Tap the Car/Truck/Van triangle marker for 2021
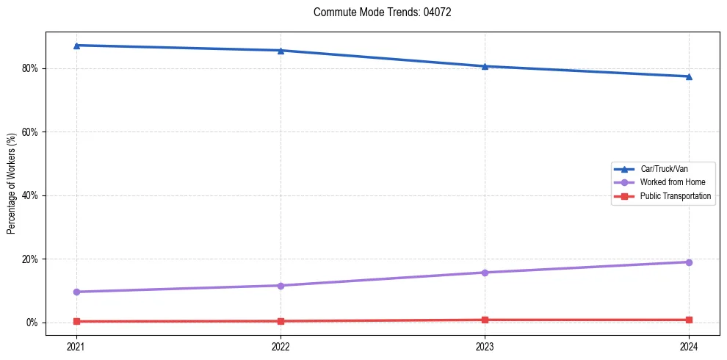coord(76,46)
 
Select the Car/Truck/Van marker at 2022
coord(281,51)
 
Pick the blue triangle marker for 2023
coord(485,66)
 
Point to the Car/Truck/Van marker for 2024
coord(689,76)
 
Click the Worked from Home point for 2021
coord(76,292)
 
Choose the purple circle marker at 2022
coord(281,286)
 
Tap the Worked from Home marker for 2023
coord(485,273)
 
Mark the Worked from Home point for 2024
coord(689,262)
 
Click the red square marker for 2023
coord(485,320)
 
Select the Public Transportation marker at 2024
coord(689,320)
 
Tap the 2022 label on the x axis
coord(281,345)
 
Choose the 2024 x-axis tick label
coord(689,345)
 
